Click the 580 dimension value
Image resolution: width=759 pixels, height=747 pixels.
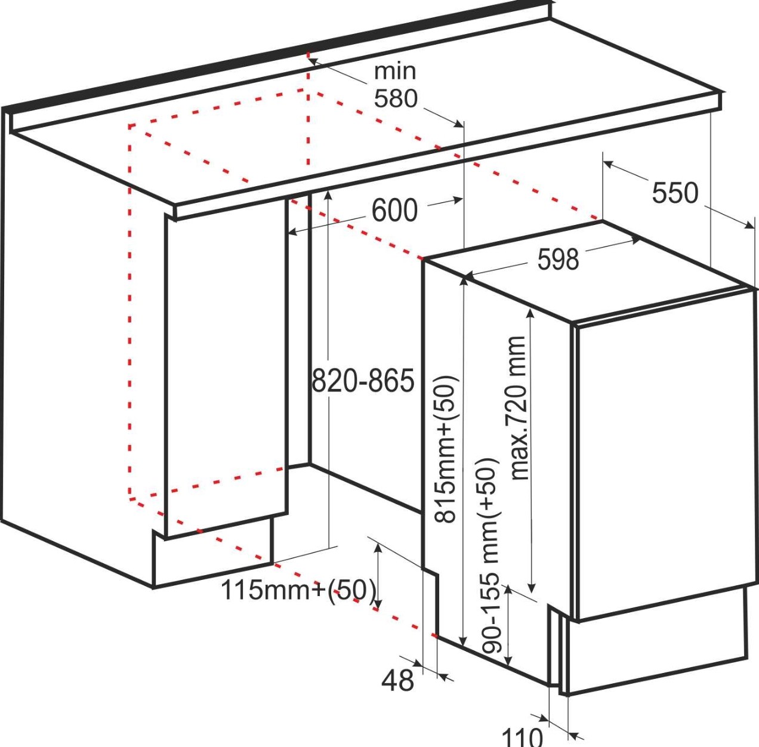[396, 98]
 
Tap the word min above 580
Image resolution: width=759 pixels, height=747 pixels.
[394, 71]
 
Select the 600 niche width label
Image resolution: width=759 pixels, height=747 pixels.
[394, 211]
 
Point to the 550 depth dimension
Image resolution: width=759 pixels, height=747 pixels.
[675, 193]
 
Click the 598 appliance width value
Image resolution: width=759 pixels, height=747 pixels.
[558, 259]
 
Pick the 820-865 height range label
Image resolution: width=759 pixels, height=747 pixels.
[363, 381]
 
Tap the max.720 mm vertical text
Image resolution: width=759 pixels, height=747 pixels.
[517, 408]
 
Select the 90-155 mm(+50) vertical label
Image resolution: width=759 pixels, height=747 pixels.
[489, 555]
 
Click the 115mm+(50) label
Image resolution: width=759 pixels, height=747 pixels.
[299, 590]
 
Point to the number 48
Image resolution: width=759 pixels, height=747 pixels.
[397, 680]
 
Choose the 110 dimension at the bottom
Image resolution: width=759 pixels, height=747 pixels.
[522, 736]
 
